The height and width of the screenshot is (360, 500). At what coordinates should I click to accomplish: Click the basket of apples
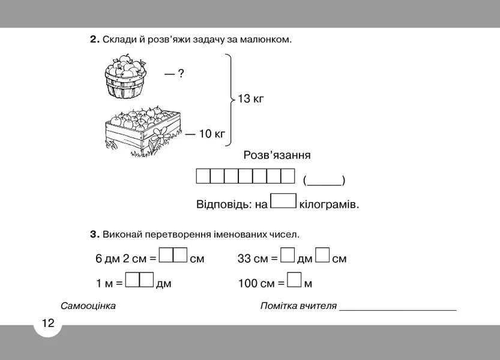click(x=125, y=77)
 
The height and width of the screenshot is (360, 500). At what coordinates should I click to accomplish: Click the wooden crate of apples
click(x=143, y=130)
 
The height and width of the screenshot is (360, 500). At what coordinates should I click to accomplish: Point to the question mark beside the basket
click(x=181, y=74)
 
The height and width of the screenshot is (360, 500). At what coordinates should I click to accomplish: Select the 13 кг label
click(x=251, y=98)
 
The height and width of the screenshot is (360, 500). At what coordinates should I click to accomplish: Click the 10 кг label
click(x=212, y=134)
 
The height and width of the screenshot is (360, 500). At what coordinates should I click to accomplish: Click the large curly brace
click(x=230, y=100)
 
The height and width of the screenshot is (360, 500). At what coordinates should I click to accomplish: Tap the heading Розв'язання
click(x=277, y=155)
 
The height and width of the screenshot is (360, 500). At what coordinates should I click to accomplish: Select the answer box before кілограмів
click(x=283, y=201)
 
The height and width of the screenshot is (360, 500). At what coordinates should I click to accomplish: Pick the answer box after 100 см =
click(x=294, y=280)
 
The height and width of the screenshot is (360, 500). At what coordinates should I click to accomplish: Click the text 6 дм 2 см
click(x=121, y=258)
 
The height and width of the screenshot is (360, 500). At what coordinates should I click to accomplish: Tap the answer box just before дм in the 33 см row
click(x=288, y=255)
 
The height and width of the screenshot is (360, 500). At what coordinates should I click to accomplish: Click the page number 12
click(x=48, y=323)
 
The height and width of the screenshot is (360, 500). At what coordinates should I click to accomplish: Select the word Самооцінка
click(x=88, y=306)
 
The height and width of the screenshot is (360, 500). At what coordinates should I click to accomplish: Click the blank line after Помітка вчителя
click(x=398, y=310)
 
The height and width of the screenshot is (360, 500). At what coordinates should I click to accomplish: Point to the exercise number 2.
click(x=95, y=40)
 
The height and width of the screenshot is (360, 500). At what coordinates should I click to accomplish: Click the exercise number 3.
click(x=95, y=235)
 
